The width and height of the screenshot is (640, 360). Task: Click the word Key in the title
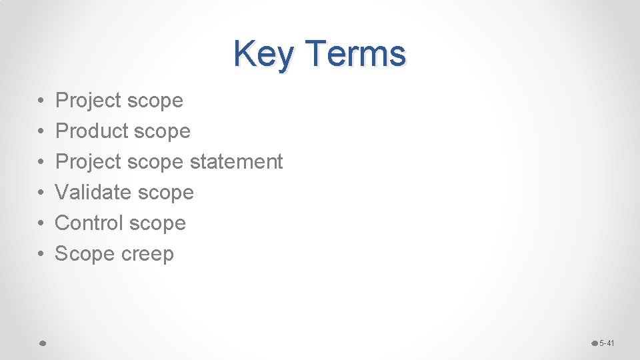(x=263, y=55)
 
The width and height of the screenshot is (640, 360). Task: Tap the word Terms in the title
(x=357, y=53)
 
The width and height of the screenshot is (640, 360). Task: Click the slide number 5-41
(x=607, y=343)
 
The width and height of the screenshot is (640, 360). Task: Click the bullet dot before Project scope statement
(x=41, y=162)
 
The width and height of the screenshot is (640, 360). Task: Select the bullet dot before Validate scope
(x=41, y=193)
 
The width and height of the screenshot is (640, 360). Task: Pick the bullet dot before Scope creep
(x=41, y=254)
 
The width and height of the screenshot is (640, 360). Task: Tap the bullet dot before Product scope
(x=41, y=131)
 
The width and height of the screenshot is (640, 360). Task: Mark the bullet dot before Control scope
(x=41, y=223)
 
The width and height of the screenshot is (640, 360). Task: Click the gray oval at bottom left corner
(x=41, y=343)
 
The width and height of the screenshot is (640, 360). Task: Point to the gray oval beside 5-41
(x=595, y=343)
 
